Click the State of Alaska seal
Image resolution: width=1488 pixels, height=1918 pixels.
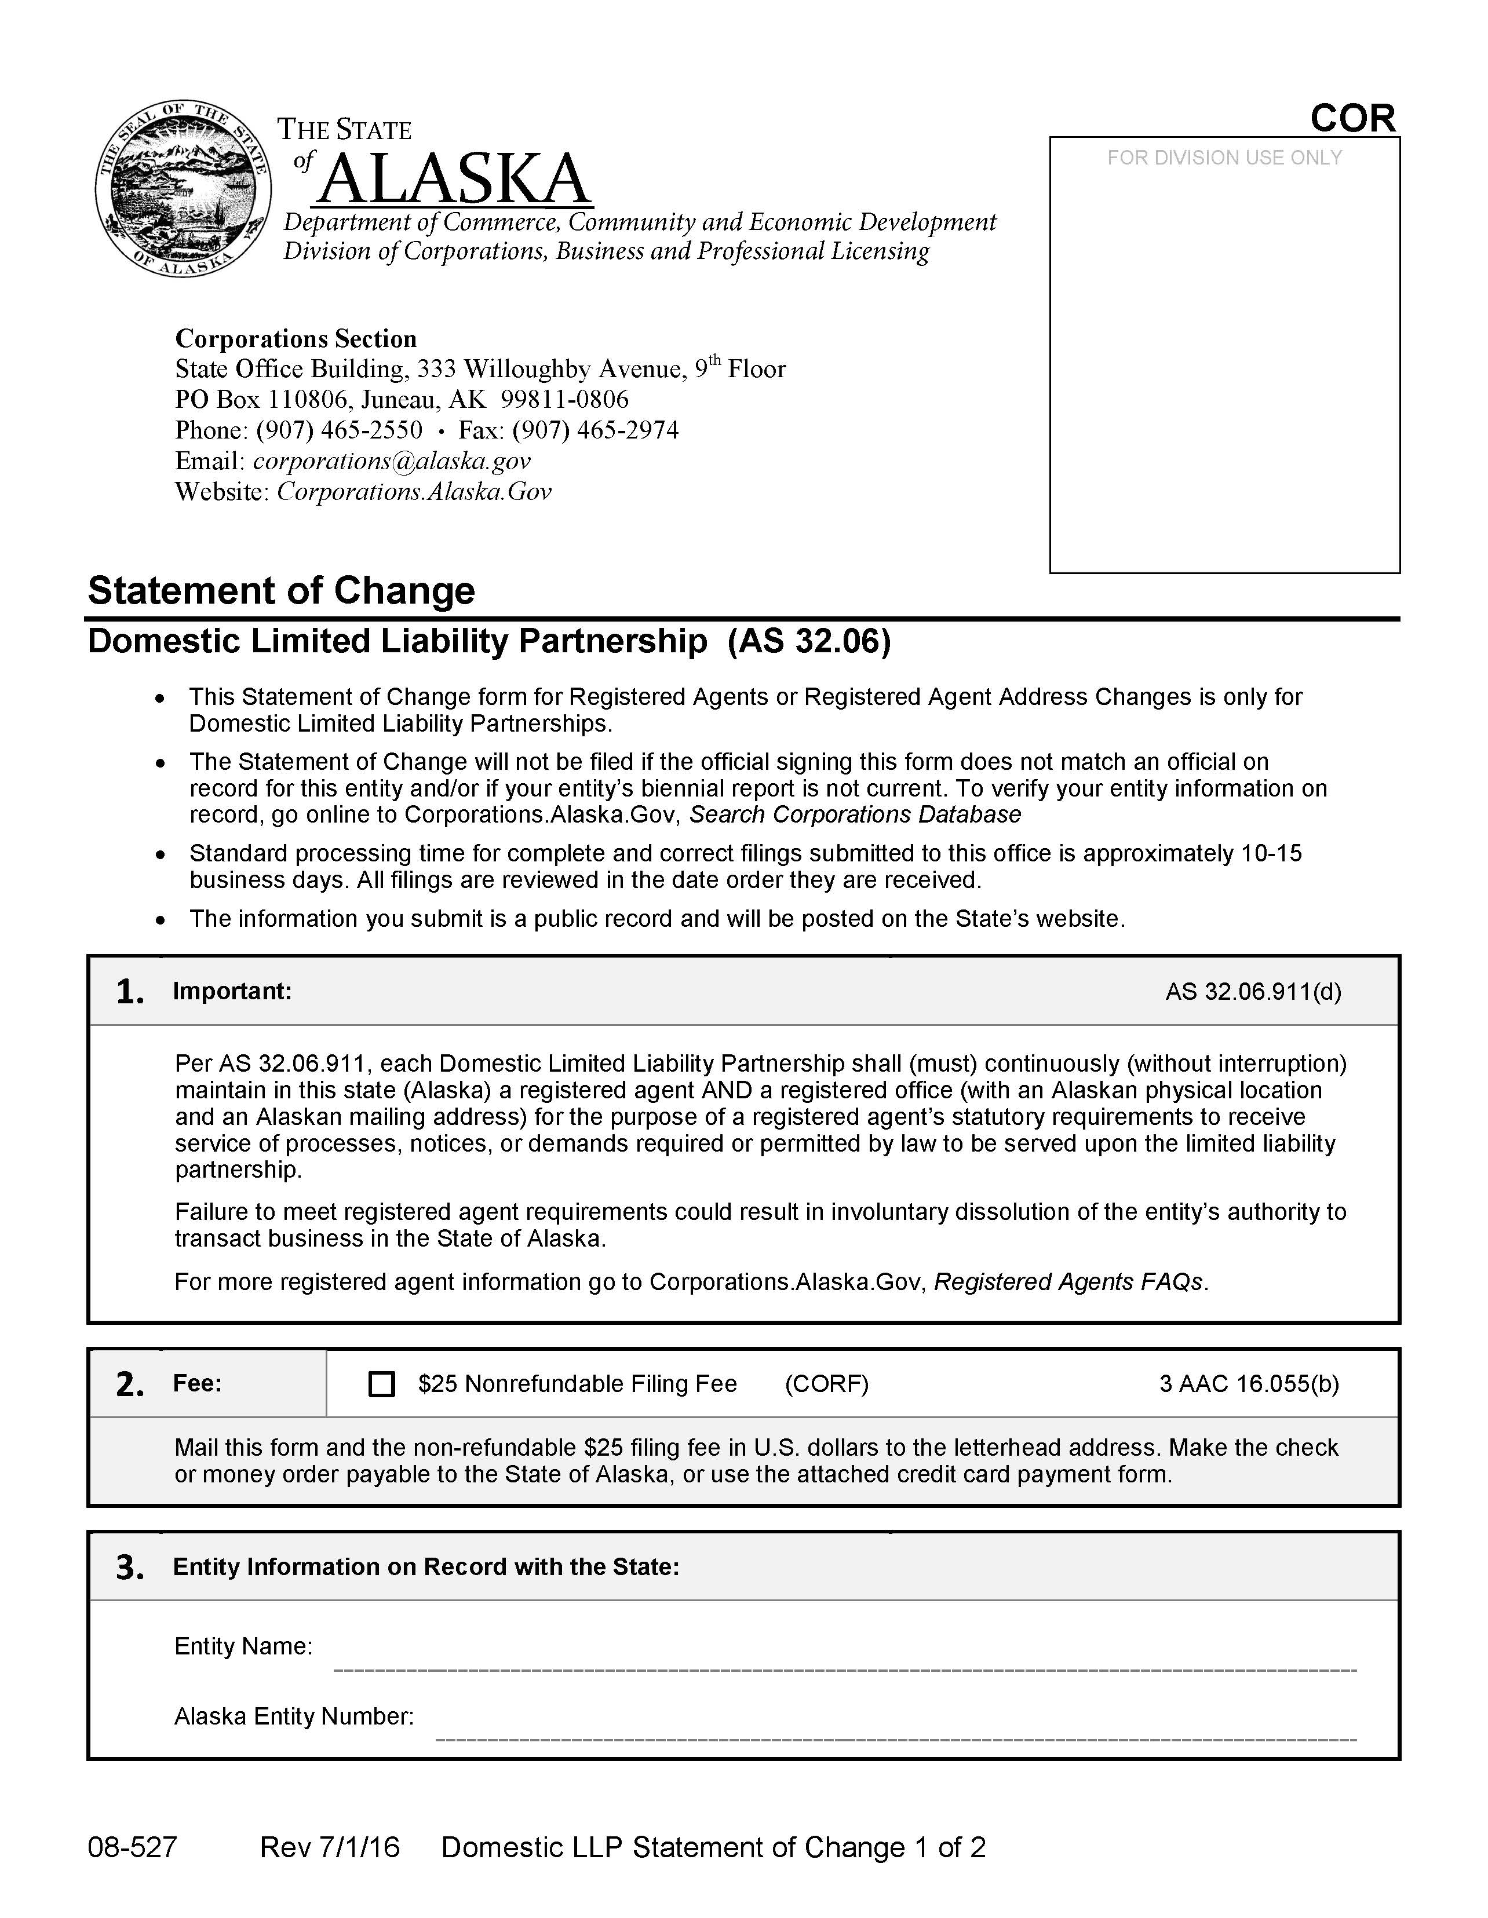point(182,187)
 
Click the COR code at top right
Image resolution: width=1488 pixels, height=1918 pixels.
point(1352,119)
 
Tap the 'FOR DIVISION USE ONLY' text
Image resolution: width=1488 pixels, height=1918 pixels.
point(1224,158)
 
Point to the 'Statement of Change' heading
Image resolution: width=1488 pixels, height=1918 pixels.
point(281,590)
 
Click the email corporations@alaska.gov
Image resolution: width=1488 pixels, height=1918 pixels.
point(392,461)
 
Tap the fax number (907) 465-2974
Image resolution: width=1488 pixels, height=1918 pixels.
point(596,430)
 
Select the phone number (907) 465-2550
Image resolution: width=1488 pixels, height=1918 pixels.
point(339,430)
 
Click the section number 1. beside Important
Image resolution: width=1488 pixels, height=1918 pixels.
point(130,992)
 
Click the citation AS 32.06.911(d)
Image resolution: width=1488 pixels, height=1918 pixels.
point(1253,992)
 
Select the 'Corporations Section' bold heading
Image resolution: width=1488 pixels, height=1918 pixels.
point(296,339)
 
